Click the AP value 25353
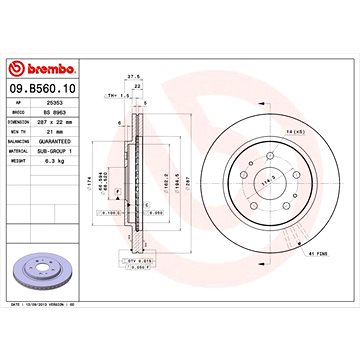click(x=59, y=102)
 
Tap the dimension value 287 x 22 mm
click(x=67, y=121)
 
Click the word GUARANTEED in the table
click(x=68, y=141)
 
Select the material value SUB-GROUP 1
click(x=68, y=150)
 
